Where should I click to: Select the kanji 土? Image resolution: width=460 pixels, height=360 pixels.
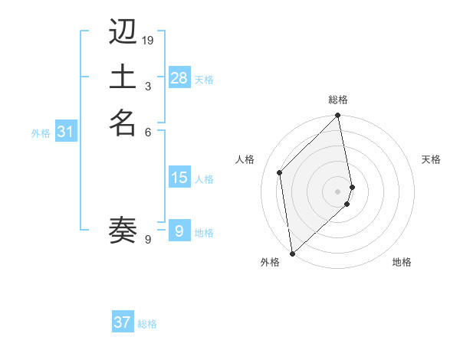point(123,78)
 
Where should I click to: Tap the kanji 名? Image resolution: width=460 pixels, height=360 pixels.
point(123,123)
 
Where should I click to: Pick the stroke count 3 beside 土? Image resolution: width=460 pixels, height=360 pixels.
point(148,86)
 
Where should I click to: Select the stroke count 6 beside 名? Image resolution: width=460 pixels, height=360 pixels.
point(148,131)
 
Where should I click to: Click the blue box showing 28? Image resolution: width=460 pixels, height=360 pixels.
point(179,77)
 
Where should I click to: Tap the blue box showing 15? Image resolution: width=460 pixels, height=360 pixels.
point(179,178)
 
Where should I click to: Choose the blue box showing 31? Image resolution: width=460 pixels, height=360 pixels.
point(66,132)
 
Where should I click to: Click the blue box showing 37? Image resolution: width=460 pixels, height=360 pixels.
point(123,322)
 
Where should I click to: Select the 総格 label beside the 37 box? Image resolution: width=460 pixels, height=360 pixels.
point(147,324)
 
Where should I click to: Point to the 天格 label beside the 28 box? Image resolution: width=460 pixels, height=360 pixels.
point(204,80)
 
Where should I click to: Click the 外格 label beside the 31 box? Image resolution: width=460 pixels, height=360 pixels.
point(41,133)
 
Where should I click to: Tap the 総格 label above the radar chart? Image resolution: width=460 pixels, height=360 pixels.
point(338,100)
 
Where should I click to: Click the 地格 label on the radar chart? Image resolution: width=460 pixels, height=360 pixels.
point(402,262)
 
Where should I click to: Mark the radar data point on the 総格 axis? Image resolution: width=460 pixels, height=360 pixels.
point(338,116)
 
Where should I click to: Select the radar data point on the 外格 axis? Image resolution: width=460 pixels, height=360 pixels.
point(292,253)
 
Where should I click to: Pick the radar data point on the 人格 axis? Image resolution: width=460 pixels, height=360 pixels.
point(280,172)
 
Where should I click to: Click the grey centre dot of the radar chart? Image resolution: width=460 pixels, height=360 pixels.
point(338,191)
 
